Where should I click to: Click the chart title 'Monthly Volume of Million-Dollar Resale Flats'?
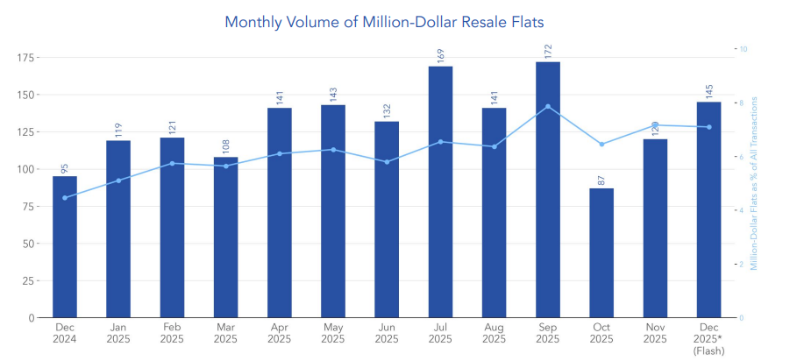390,21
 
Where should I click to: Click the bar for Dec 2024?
65,246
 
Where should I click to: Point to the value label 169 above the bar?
440,56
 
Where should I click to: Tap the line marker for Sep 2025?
547,107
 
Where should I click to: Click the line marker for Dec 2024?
65,198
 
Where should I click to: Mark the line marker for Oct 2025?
601,145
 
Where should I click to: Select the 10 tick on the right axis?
744,49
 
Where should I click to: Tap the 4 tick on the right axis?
742,210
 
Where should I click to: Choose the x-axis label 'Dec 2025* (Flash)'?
708,338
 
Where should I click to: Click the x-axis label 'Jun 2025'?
387,333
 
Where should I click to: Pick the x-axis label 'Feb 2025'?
172,333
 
